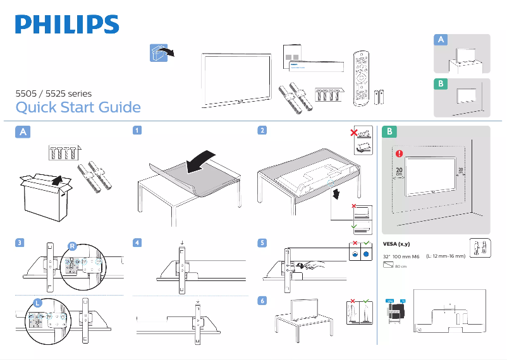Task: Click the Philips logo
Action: tap(67, 25)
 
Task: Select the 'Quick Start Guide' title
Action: tap(78, 107)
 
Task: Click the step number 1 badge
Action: tap(137, 131)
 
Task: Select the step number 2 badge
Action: tap(261, 131)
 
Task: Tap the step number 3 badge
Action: tap(21, 243)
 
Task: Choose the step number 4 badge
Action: tap(137, 243)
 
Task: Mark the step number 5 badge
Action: tap(261, 243)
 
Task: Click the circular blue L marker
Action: tap(38, 303)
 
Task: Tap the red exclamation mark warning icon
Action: tap(399, 153)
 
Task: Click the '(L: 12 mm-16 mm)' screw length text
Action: tap(446, 256)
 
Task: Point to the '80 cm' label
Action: tap(400, 267)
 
